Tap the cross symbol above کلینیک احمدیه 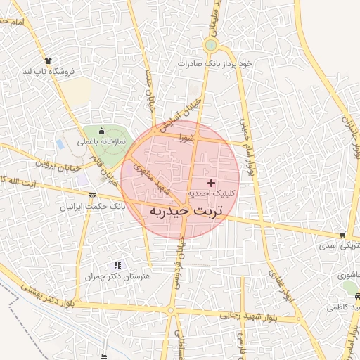coord(212,183)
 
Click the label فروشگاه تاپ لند coord(49,71)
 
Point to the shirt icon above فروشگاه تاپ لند coord(48,60)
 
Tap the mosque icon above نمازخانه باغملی coord(101,131)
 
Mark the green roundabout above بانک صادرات coord(210,46)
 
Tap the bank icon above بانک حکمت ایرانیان coord(93,195)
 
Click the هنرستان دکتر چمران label coord(117,277)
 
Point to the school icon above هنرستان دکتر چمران coord(117,266)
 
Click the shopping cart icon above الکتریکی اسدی coord(342,236)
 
